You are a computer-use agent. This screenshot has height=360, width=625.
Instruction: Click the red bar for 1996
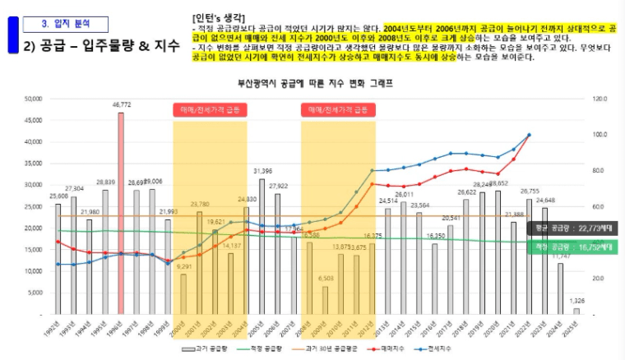point(121,214)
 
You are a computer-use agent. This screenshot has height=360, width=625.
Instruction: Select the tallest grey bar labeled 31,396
point(262,247)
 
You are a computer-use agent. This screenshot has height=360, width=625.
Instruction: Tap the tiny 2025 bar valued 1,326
point(576,311)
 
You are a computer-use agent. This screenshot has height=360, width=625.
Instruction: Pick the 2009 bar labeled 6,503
point(325,300)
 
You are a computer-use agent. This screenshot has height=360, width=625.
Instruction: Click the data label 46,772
point(121,105)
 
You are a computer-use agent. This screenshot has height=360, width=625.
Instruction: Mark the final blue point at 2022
point(529,135)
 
